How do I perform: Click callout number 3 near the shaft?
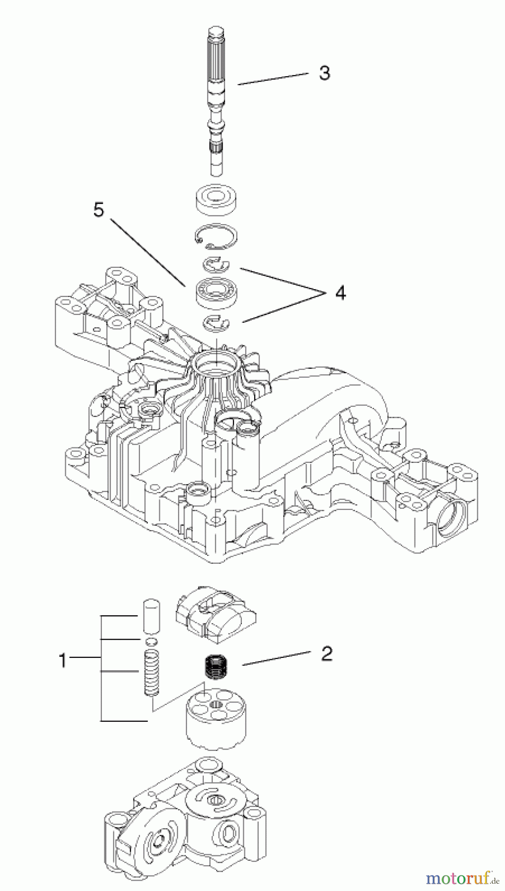coord(324,73)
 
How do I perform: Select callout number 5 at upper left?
coord(99,210)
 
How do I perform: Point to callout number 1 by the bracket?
coord(62,660)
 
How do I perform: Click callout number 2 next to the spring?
coord(326,654)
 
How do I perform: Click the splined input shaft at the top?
coord(218,89)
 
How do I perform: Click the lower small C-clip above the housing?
coord(218,322)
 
